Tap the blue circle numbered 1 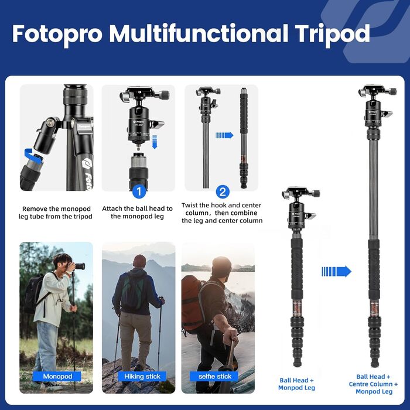pyautogui.click(x=138, y=192)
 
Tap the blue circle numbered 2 pyautogui.click(x=223, y=192)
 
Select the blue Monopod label pyautogui.click(x=56, y=376)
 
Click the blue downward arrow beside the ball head pyautogui.click(x=154, y=141)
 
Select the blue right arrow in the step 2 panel pyautogui.click(x=224, y=135)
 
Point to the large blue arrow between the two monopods pyautogui.click(x=336, y=271)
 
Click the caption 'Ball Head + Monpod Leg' pyautogui.click(x=296, y=384)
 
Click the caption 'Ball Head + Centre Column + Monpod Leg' pyautogui.click(x=374, y=384)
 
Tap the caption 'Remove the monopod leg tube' pyautogui.click(x=56, y=213)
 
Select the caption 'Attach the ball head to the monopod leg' pyautogui.click(x=138, y=213)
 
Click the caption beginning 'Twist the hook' pyautogui.click(x=222, y=214)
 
